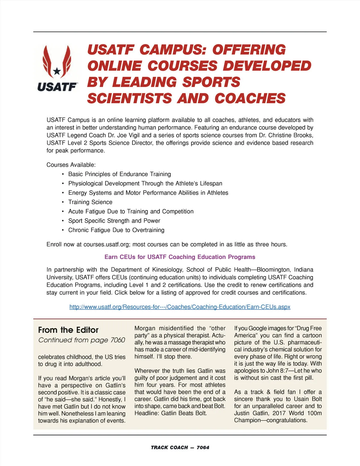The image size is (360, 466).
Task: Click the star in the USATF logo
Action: [x=57, y=71]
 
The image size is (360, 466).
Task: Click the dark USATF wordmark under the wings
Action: [x=57, y=87]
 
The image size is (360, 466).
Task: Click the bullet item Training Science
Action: [x=90, y=202]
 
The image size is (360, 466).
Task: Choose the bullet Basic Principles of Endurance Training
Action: [x=119, y=174]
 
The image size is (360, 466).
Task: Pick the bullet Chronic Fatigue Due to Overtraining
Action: [x=116, y=230]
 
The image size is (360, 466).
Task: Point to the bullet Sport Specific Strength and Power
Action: [x=114, y=221]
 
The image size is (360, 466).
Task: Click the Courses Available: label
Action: [x=71, y=165]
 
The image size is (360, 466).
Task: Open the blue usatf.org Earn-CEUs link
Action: [x=180, y=307]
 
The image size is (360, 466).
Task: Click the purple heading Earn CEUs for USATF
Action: [x=180, y=257]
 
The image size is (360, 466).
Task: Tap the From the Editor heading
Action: [x=68, y=330]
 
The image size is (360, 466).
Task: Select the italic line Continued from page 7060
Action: [x=82, y=340]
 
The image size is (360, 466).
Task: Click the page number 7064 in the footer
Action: [x=203, y=447]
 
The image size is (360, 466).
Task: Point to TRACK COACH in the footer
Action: [x=169, y=447]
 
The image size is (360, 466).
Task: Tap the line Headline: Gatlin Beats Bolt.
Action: [x=170, y=413]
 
